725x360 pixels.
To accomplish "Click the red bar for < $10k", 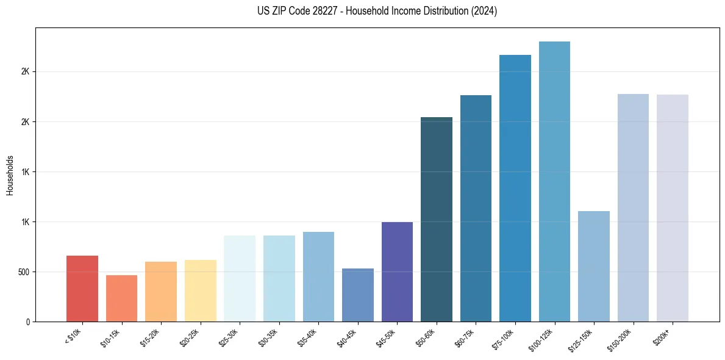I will coord(82,289).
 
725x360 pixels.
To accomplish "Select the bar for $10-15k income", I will coord(121,298).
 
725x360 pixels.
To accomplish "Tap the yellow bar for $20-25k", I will coord(200,290).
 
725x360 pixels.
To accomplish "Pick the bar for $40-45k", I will coord(357,295).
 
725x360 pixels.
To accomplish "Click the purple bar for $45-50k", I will coord(397,272).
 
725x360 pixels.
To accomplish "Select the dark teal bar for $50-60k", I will coord(437,219).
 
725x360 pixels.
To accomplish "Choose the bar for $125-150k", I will coord(594,266).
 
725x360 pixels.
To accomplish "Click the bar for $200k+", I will coord(673,207).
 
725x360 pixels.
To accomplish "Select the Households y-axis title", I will coord(10,175).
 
